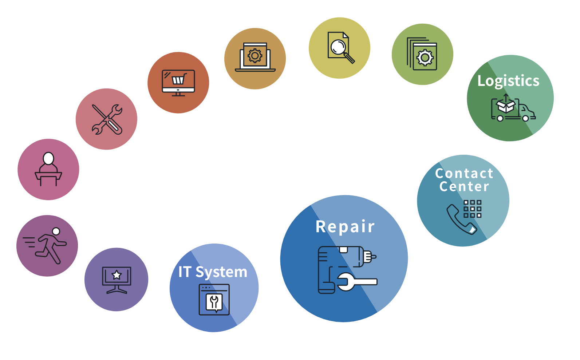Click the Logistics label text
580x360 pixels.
coord(508,81)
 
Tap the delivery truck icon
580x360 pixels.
coord(513,108)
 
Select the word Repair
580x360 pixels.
coord(345,226)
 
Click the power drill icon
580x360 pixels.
coord(346,269)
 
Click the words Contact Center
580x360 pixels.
coord(464,180)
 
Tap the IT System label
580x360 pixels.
coord(213,272)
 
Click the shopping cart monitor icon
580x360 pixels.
coord(178,83)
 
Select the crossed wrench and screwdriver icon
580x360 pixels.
coord(107,119)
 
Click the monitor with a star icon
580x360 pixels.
coord(117,280)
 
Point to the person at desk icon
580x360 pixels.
coord(48,169)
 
